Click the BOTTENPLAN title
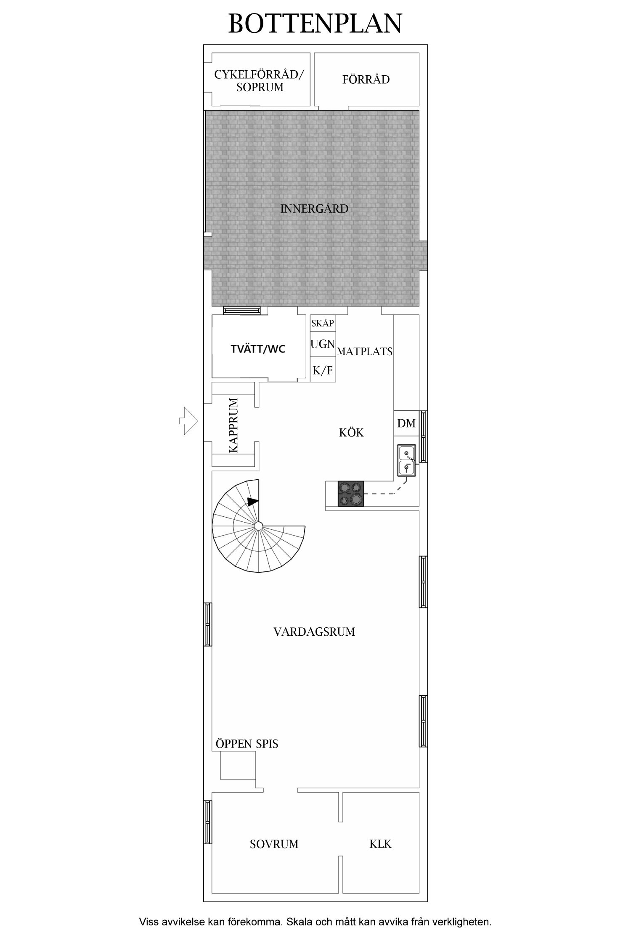(315, 24)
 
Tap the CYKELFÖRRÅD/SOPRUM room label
(260, 81)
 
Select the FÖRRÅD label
(366, 79)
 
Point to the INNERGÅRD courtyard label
(314, 209)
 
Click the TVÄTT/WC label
(258, 349)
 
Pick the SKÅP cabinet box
(323, 323)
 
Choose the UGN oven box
(323, 344)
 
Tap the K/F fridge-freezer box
(323, 370)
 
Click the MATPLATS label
(365, 351)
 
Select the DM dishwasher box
(406, 423)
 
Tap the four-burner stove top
(351, 494)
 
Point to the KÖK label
(351, 433)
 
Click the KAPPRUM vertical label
(233, 425)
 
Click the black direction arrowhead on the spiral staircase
(253, 502)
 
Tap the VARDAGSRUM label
(314, 632)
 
